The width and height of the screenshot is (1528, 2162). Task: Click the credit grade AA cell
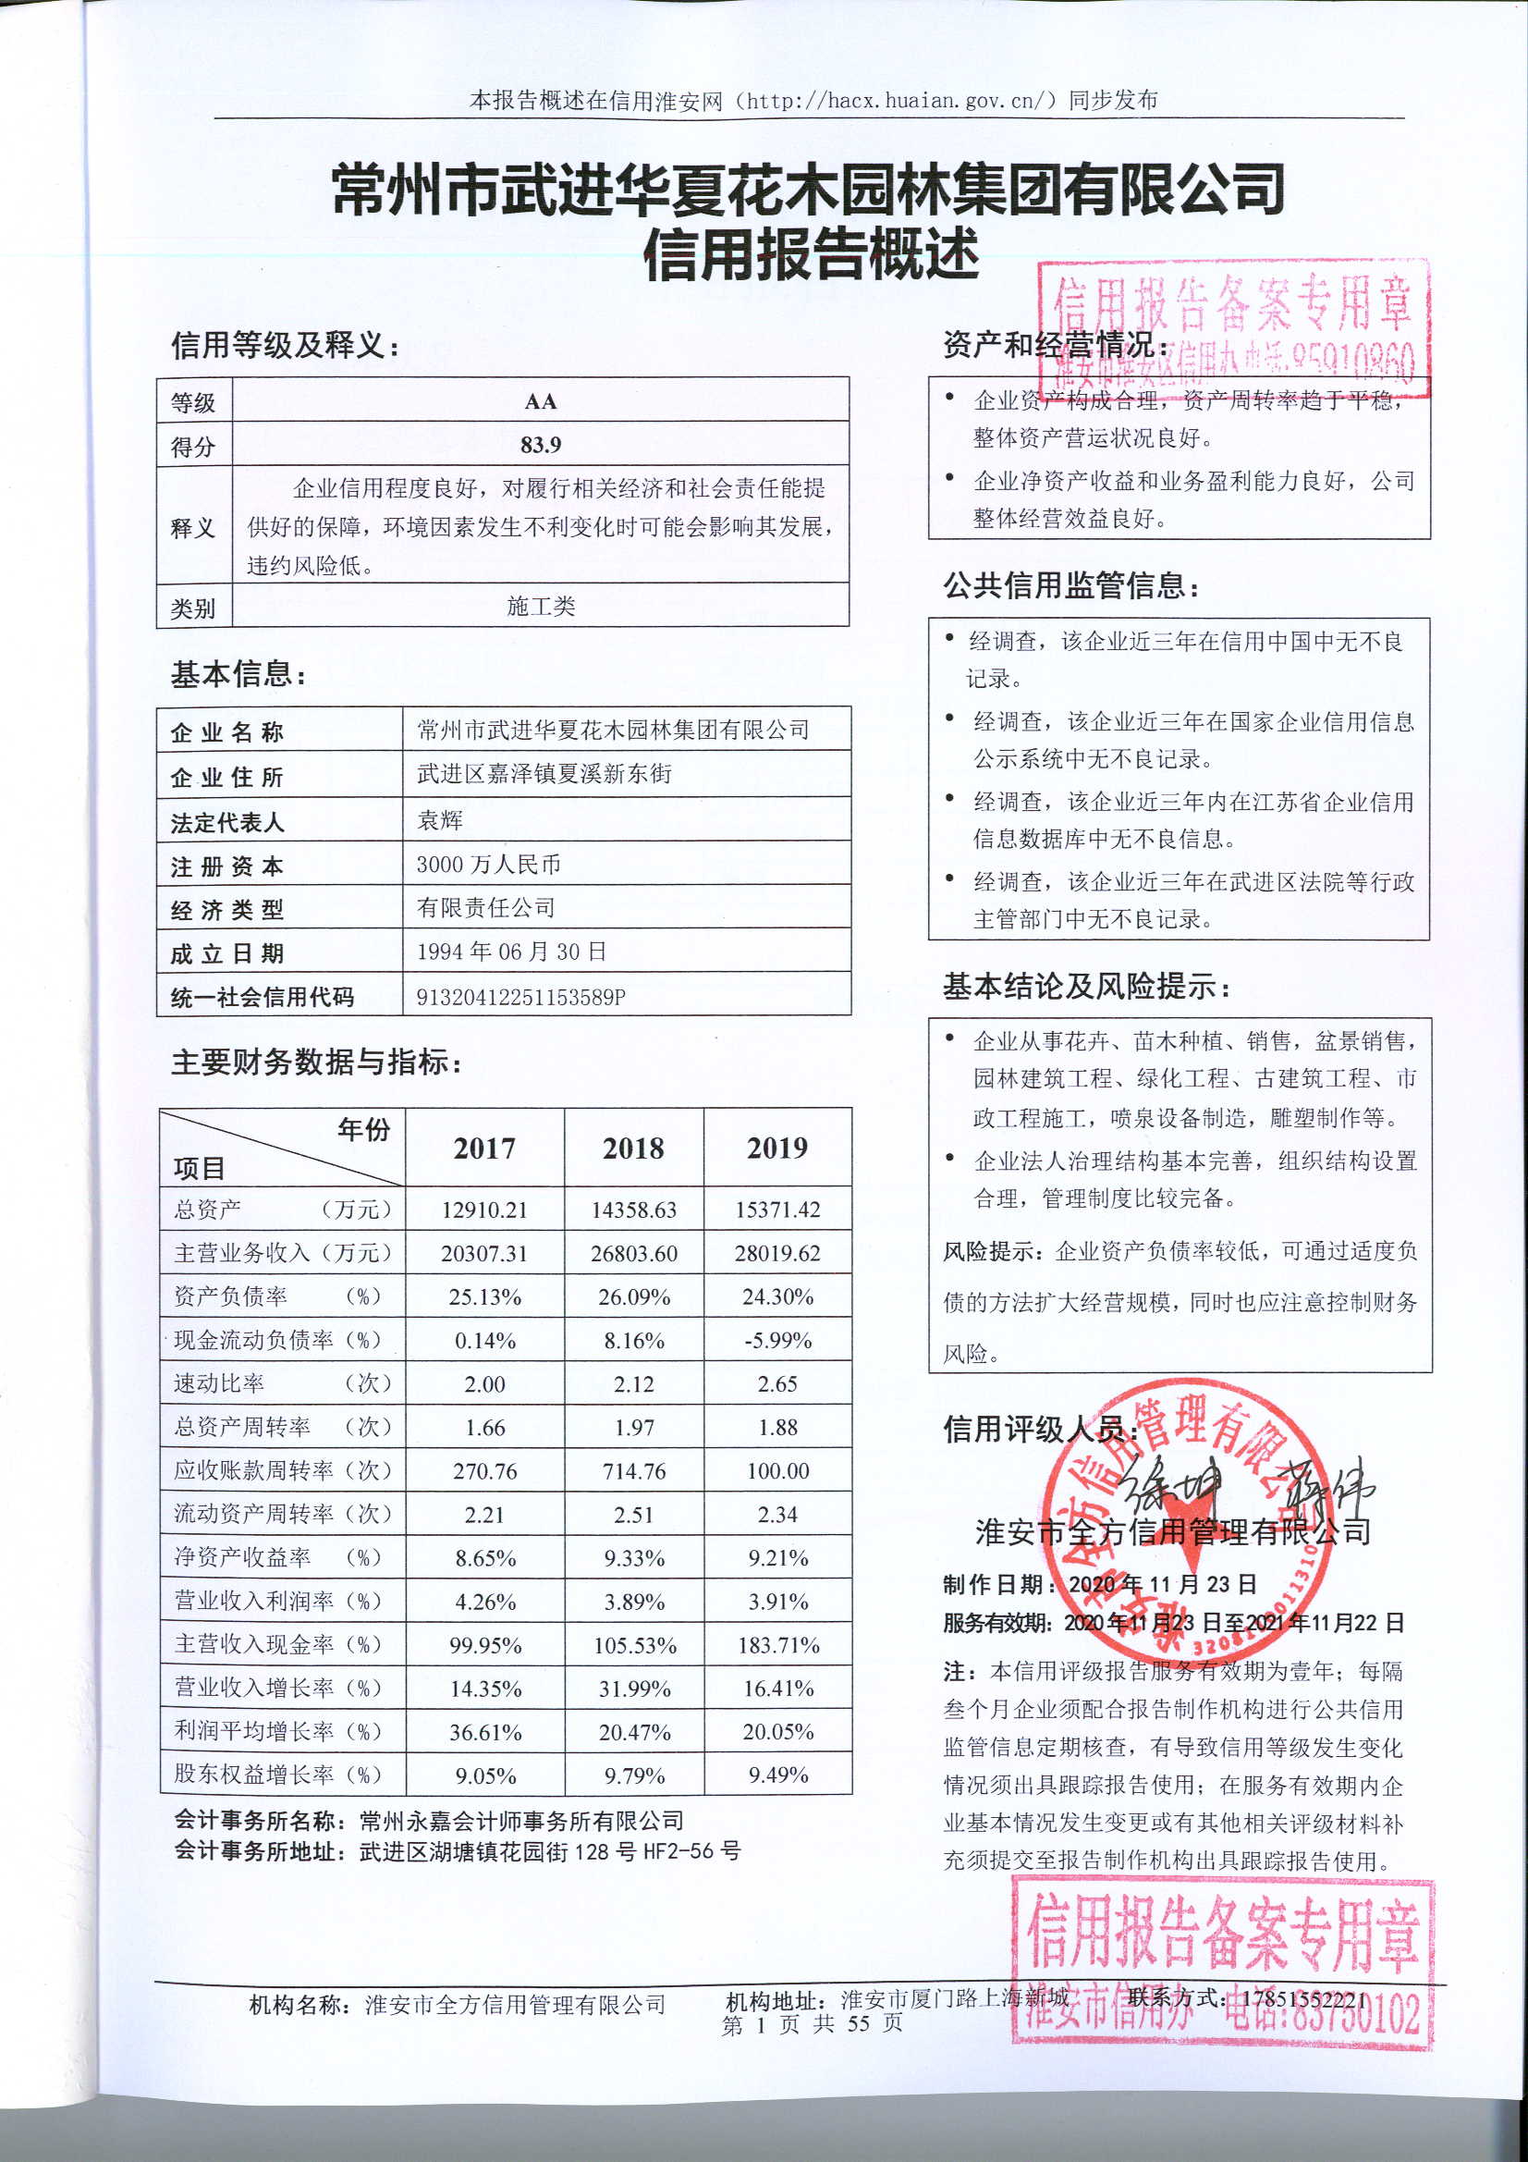pos(540,401)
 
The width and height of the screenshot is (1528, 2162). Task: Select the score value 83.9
pos(540,445)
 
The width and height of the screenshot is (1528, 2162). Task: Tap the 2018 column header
pos(633,1148)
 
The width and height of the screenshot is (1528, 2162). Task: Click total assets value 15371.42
pos(777,1210)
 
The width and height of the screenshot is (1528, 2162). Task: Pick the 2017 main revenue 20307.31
pos(484,1253)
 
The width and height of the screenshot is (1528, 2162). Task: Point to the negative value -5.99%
pos(777,1340)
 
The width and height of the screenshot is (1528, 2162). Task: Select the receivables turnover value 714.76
pos(633,1471)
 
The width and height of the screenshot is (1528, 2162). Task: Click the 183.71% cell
pos(777,1645)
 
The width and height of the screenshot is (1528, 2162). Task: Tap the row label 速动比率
pos(219,1383)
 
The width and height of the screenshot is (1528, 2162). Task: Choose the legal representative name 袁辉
pos(440,820)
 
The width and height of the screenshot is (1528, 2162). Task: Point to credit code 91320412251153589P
pos(520,996)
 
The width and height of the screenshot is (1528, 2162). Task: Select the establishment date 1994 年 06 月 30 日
pos(511,952)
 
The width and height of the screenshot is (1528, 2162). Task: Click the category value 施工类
pos(540,607)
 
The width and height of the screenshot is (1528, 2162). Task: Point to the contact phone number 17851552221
pos(1304,1998)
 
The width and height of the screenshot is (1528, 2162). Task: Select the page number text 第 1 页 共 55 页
pos(812,2022)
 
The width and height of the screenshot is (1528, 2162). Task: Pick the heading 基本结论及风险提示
pos(1086,987)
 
